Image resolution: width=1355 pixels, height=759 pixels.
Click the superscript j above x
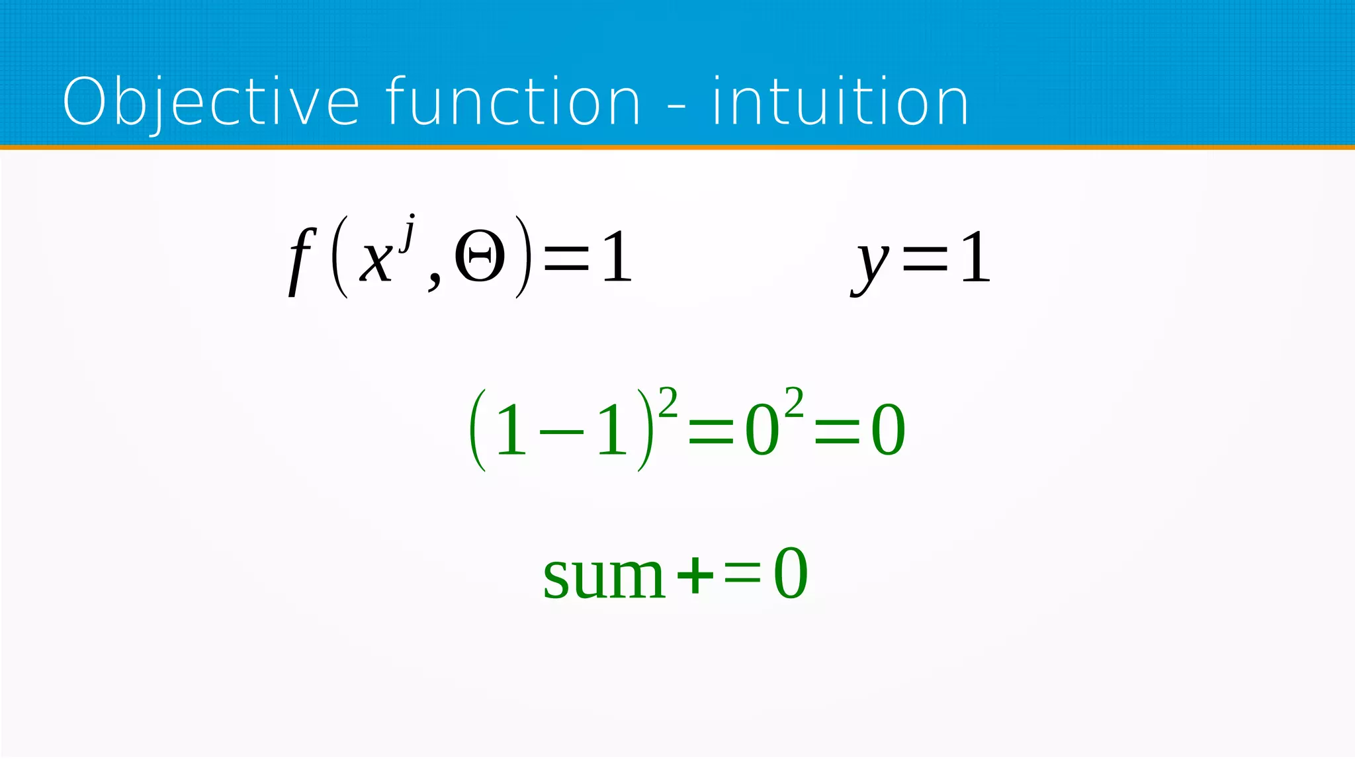[409, 232]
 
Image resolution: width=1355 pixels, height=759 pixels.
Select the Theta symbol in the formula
[480, 257]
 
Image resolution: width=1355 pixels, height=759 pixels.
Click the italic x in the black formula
[375, 259]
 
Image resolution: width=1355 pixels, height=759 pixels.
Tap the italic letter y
[872, 263]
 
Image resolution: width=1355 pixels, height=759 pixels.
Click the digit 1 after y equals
[975, 257]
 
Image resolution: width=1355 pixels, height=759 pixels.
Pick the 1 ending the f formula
[617, 257]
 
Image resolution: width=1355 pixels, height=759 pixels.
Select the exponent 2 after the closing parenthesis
[668, 402]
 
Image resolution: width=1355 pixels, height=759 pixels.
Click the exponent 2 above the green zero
[794, 402]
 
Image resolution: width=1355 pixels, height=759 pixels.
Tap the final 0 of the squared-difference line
[888, 431]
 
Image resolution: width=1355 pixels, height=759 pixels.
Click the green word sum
[603, 576]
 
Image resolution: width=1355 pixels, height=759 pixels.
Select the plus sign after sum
[695, 574]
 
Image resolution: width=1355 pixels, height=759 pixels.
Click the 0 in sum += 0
[791, 574]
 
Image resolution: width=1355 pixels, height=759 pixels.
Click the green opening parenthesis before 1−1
[478, 430]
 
